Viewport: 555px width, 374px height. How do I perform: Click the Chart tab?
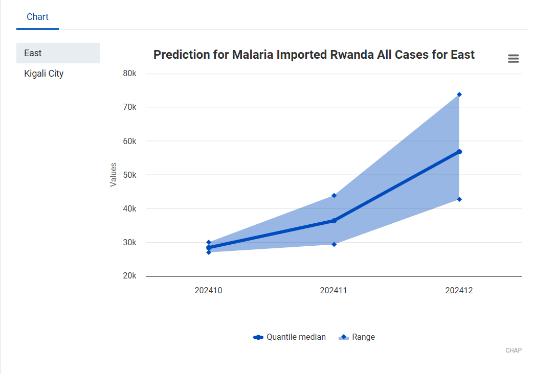pyautogui.click(x=37, y=17)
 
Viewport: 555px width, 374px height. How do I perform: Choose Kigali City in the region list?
pyautogui.click(x=44, y=74)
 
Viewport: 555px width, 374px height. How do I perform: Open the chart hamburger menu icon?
pyautogui.click(x=513, y=59)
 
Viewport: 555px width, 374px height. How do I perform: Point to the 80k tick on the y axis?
pyautogui.click(x=130, y=74)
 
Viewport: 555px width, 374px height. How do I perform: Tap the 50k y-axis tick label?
pyautogui.click(x=130, y=175)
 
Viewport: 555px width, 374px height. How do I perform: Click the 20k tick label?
pyautogui.click(x=130, y=276)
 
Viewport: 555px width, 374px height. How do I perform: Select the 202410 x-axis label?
pyautogui.click(x=208, y=291)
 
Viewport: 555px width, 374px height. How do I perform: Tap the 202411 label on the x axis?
pyautogui.click(x=334, y=291)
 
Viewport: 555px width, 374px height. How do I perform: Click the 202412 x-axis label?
pyautogui.click(x=459, y=291)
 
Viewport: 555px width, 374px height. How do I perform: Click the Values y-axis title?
pyautogui.click(x=114, y=175)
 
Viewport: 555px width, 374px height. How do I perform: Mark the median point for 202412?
pyautogui.click(x=459, y=152)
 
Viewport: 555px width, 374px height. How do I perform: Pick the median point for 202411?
pyautogui.click(x=334, y=221)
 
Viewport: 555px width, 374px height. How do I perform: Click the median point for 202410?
pyautogui.click(x=209, y=248)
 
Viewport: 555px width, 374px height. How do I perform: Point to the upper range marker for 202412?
pyautogui.click(x=459, y=95)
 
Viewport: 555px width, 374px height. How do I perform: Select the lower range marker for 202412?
pyautogui.click(x=459, y=199)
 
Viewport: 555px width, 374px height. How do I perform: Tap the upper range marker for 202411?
pyautogui.click(x=334, y=195)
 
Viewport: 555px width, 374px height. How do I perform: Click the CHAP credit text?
pyautogui.click(x=514, y=350)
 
